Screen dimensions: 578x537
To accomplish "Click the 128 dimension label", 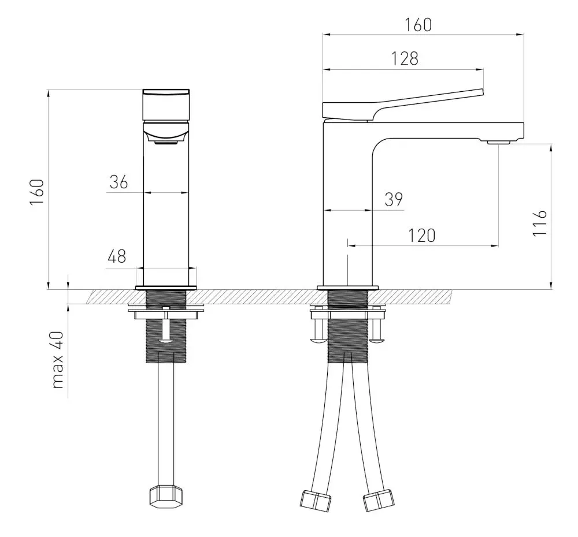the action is pos(405,58).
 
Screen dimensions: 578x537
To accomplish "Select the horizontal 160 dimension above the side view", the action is pos(418,25).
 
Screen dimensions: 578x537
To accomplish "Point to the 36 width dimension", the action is pos(118,182).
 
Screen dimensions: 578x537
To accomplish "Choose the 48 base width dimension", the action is pos(117,256).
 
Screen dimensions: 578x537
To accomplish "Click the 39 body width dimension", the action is pos(394,199).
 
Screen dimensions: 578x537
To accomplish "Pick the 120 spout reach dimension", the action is pos(422,236).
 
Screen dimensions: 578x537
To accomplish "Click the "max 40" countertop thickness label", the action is pos(58,360).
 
